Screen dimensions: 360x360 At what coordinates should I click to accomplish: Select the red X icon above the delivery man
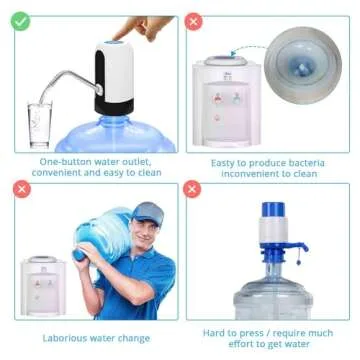[19, 190]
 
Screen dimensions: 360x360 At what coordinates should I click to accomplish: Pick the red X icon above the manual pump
[194, 190]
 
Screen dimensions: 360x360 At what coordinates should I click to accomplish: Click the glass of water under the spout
[40, 123]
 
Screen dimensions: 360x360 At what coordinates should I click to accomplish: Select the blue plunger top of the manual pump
[271, 211]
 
